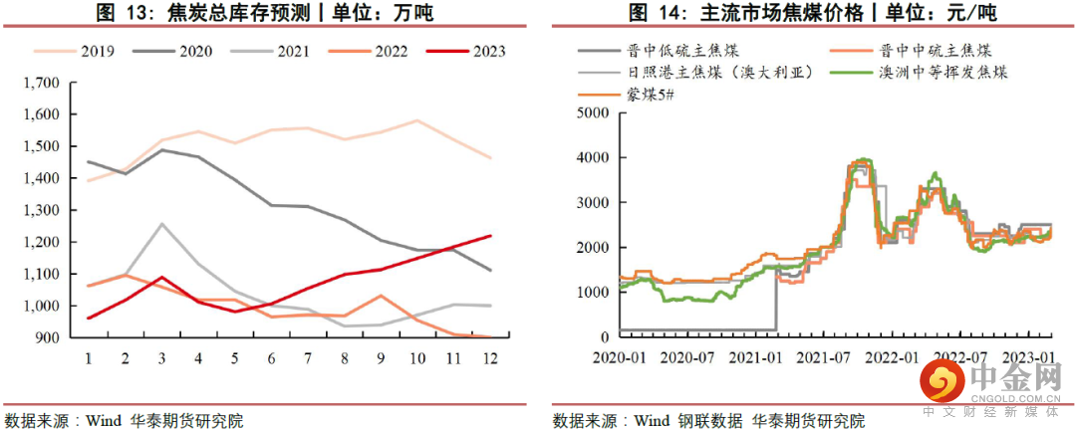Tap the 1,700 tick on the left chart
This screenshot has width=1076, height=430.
(41, 83)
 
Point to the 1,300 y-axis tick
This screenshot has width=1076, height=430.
(41, 210)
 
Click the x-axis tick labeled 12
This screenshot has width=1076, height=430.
(490, 356)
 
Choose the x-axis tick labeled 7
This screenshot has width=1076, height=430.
(307, 356)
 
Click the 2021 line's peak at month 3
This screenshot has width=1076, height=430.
(160, 224)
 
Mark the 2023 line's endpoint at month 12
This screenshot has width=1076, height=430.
(490, 236)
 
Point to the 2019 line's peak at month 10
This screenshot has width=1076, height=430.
(416, 120)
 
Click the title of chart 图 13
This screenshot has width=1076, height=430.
(264, 13)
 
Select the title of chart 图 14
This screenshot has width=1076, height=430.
(812, 13)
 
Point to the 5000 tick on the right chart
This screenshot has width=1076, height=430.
(592, 113)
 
